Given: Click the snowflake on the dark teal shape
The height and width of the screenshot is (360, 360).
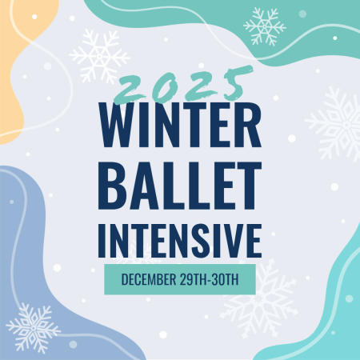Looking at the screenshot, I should tap(265, 26).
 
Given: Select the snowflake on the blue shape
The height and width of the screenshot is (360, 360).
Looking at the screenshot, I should tap(33, 328).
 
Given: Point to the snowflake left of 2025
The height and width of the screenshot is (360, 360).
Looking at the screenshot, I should tap(100, 55).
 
